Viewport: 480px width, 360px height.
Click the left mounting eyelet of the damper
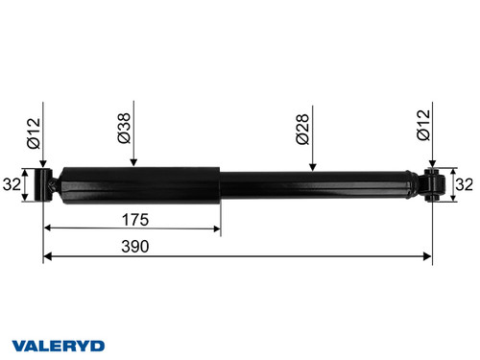43,185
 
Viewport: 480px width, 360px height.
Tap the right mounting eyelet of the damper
433,185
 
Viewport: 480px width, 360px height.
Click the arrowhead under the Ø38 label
132,164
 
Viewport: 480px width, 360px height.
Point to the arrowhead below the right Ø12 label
433,165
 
